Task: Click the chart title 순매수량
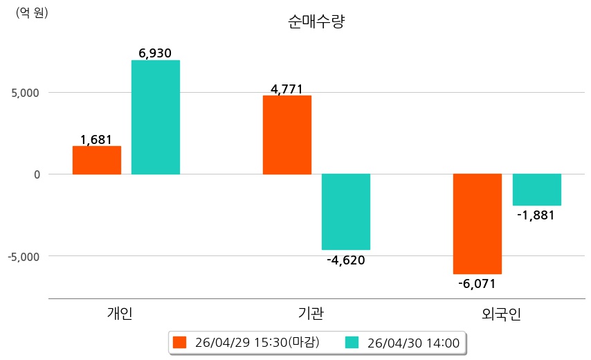[316, 21]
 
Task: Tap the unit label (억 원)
[32, 13]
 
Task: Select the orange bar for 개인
[97, 160]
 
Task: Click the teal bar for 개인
[156, 117]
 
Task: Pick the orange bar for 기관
[287, 135]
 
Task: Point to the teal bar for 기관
[346, 212]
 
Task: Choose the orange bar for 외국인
[478, 224]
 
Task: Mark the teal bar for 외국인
[537, 190]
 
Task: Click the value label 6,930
[155, 53]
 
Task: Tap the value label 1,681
[96, 140]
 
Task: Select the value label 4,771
[287, 89]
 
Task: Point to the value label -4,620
[346, 260]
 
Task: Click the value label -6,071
[477, 283]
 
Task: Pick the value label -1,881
[536, 215]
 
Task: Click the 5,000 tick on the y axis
[25, 93]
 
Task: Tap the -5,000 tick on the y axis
[24, 257]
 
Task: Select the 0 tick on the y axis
[37, 174]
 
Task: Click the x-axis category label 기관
[311, 314]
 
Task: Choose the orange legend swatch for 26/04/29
[179, 343]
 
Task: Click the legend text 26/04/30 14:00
[413, 343]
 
